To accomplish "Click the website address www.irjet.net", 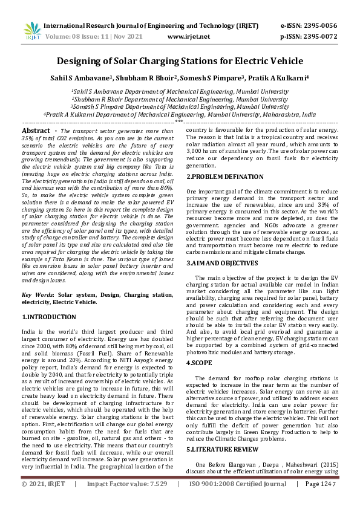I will (x=188, y=37).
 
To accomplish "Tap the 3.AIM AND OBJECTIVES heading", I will (x=223, y=264).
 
